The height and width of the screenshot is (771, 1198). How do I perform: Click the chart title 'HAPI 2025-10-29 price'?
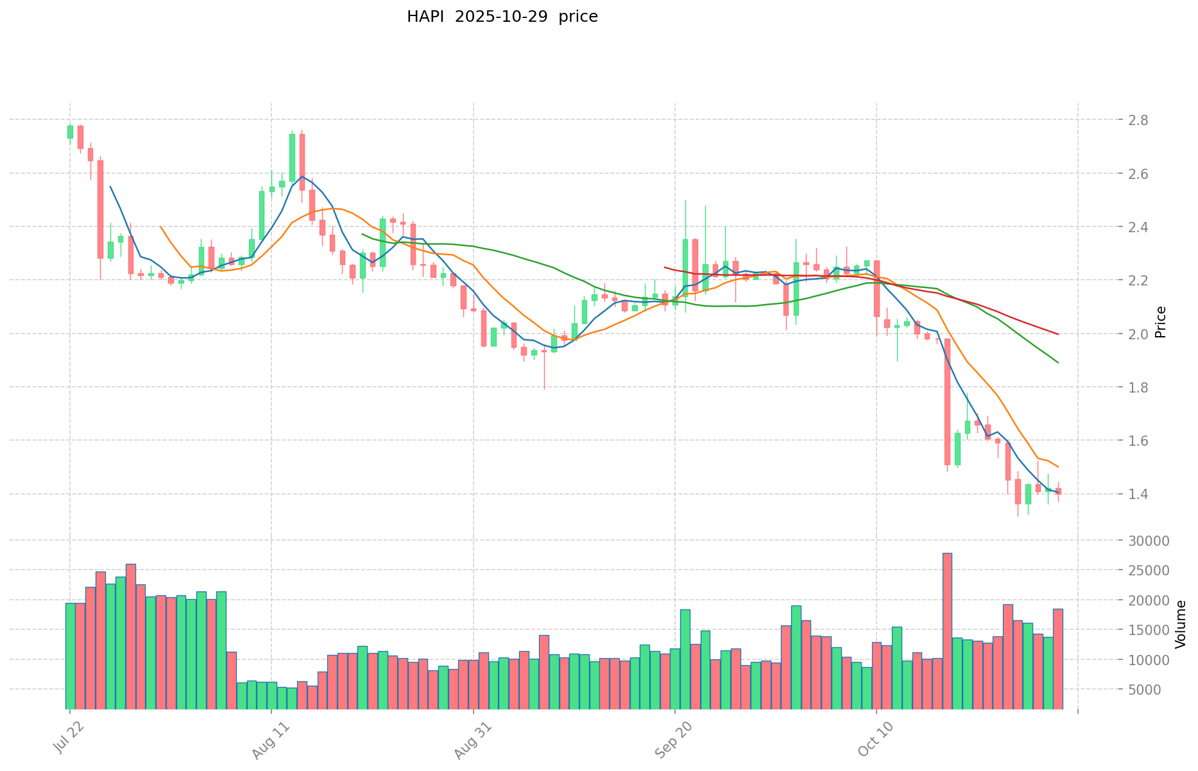502,17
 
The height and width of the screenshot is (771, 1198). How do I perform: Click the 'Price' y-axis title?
1160,322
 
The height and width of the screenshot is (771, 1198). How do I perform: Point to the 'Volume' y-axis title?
1181,624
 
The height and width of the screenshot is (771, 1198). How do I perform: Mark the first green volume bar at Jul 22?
70,656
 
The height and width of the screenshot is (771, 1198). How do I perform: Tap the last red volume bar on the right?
1058,659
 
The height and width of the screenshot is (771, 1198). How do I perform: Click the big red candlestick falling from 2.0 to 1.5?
947,402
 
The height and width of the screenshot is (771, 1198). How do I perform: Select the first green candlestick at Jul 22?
70,131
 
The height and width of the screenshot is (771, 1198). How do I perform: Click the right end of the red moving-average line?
1057,334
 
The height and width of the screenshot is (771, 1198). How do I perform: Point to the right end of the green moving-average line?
1057,362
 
